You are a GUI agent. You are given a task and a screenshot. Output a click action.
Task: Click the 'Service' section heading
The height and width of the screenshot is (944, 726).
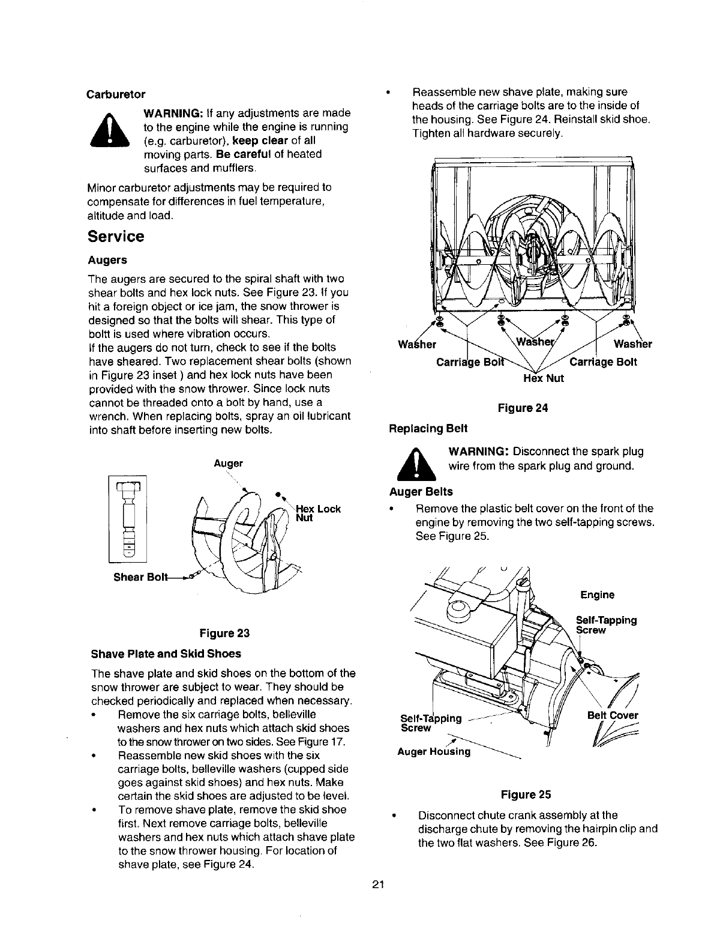point(116,237)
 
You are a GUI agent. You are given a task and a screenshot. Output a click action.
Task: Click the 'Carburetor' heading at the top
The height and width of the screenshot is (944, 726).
point(116,95)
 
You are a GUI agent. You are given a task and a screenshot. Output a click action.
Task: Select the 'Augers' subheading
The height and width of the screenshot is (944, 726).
point(107,260)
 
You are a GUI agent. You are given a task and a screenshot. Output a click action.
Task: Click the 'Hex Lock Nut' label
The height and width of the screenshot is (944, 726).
point(318,513)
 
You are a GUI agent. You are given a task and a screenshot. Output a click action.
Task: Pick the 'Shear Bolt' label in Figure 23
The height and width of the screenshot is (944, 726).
point(137,577)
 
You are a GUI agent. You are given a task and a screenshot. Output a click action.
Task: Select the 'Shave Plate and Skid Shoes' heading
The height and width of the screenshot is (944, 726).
point(165,653)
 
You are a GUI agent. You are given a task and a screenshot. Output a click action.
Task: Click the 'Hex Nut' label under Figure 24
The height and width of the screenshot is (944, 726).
point(544,378)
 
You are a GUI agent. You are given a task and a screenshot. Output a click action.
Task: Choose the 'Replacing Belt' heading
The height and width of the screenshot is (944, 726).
point(428,429)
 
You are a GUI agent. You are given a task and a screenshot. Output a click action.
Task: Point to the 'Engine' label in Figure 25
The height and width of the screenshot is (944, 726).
point(597,595)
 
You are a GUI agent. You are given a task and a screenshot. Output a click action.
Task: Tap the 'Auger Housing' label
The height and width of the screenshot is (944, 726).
point(435,751)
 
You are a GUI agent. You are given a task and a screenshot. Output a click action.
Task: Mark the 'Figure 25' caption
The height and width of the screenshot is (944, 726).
point(526,794)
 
